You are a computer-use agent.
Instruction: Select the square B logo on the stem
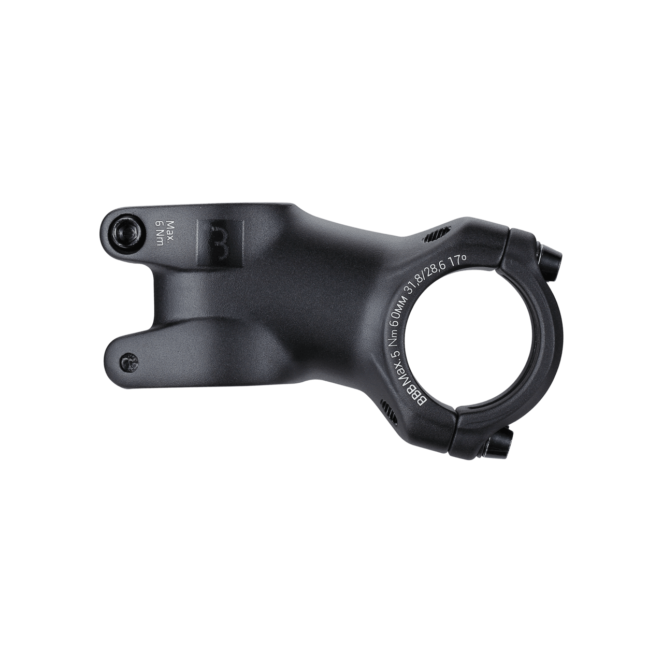219,244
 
